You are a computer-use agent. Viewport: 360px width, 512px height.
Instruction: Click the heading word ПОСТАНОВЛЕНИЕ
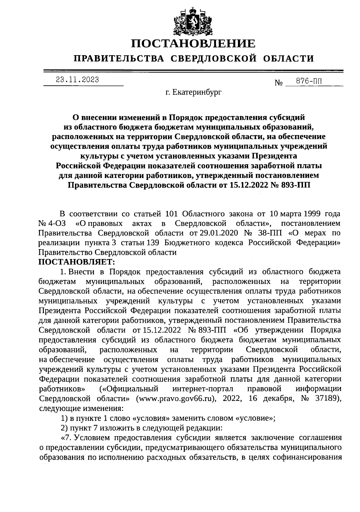click(x=193, y=43)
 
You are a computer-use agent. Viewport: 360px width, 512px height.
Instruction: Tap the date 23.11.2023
click(x=78, y=80)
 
